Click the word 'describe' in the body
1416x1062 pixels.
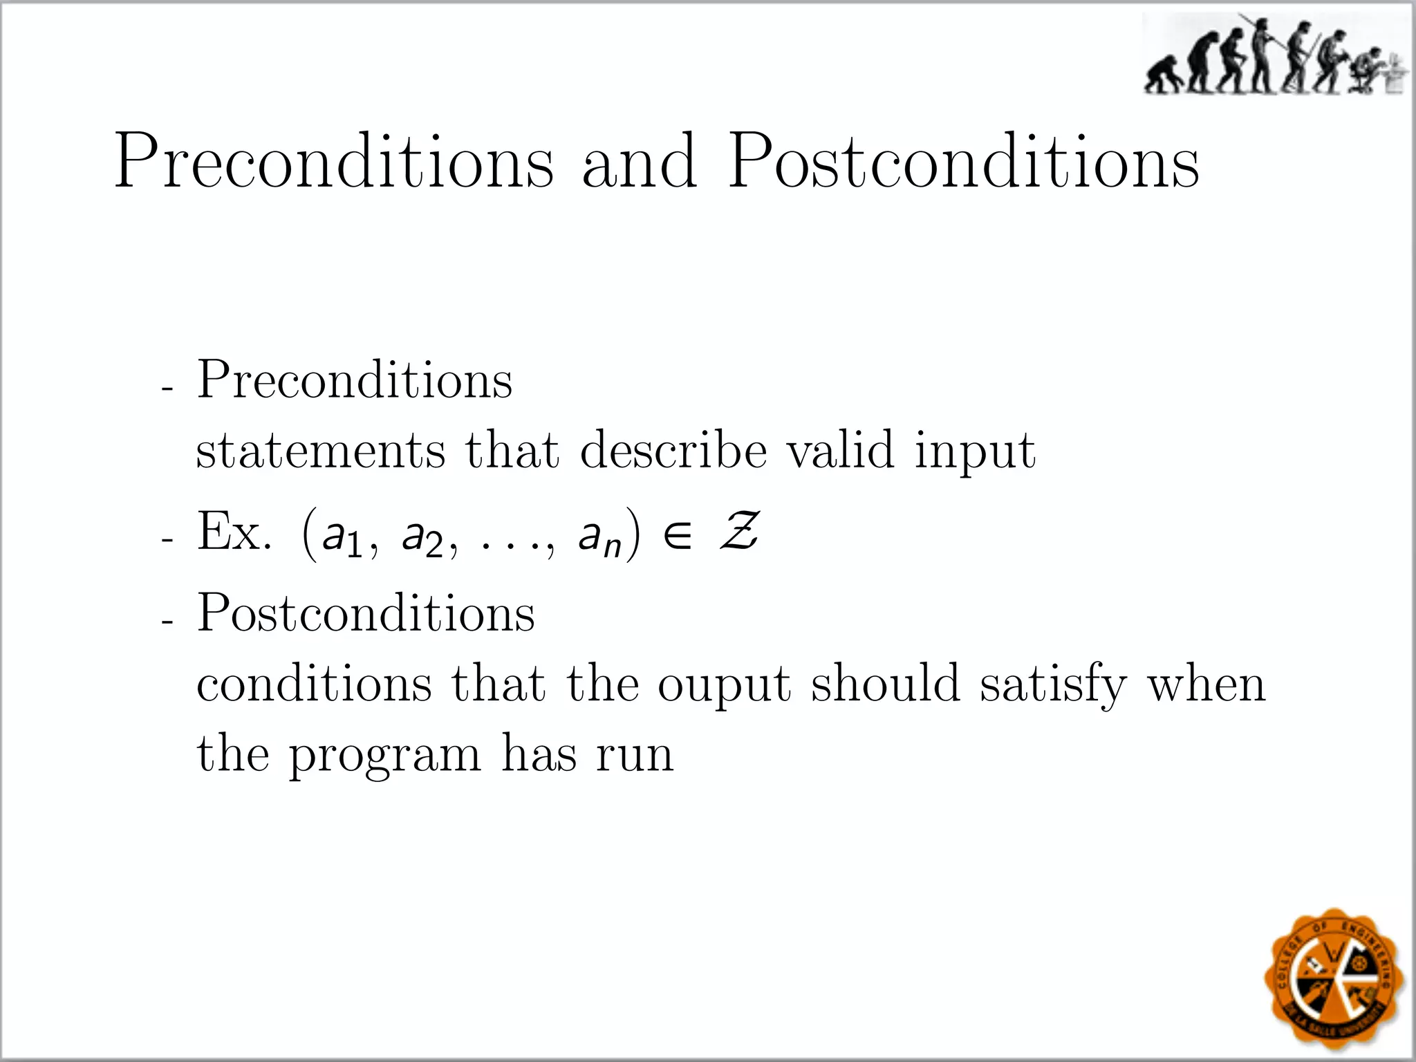(673, 450)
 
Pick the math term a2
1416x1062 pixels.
(422, 537)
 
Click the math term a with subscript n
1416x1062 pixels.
(599, 537)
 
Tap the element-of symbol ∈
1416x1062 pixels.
(677, 536)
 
